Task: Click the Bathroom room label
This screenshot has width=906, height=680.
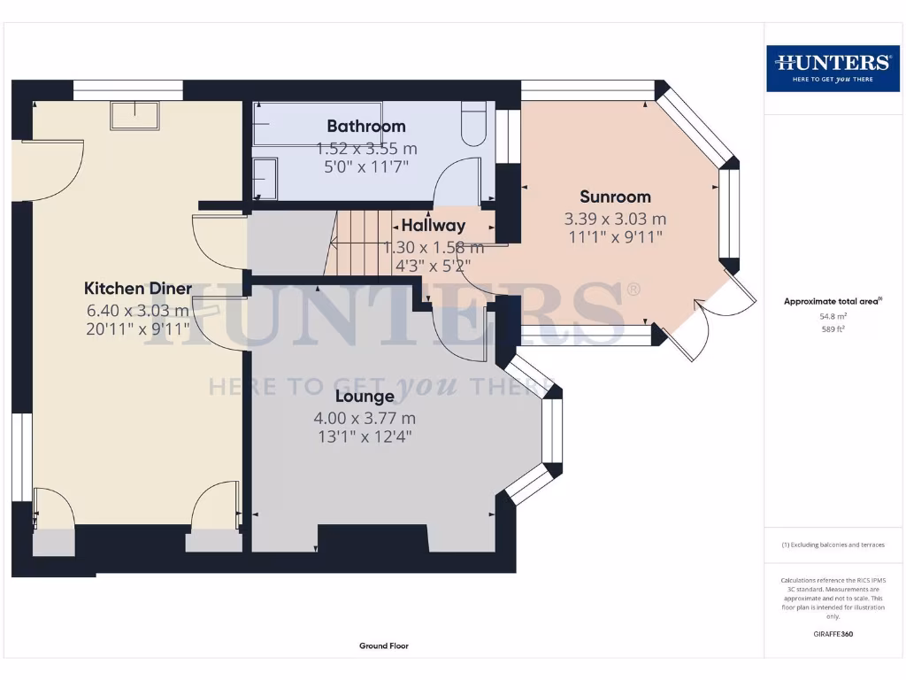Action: [x=365, y=126]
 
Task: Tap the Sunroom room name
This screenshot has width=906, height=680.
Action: [x=616, y=197]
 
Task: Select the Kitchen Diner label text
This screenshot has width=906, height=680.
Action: [x=137, y=288]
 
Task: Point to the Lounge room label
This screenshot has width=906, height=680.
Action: [x=365, y=396]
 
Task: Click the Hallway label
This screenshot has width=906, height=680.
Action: [x=434, y=226]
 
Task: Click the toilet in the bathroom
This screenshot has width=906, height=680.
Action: [x=474, y=123]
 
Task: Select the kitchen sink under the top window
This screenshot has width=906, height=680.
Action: [x=134, y=115]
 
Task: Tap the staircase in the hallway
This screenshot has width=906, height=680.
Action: [x=358, y=243]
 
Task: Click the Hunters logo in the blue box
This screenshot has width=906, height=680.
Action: [x=833, y=68]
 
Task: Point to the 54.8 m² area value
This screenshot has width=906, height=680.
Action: [x=833, y=316]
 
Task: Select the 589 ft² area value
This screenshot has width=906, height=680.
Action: [x=833, y=329]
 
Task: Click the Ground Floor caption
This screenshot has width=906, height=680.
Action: [x=384, y=645]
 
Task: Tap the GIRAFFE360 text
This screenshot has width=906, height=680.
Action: [x=833, y=634]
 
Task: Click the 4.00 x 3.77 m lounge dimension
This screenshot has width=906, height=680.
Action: [x=365, y=418]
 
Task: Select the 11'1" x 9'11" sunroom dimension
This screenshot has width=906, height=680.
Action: [x=616, y=237]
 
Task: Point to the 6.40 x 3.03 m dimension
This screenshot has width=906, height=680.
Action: [x=137, y=311]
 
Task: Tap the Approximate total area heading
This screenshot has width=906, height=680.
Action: [x=833, y=301]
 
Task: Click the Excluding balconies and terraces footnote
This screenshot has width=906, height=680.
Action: [x=833, y=545]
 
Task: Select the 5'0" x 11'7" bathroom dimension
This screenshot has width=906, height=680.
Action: [x=365, y=167]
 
